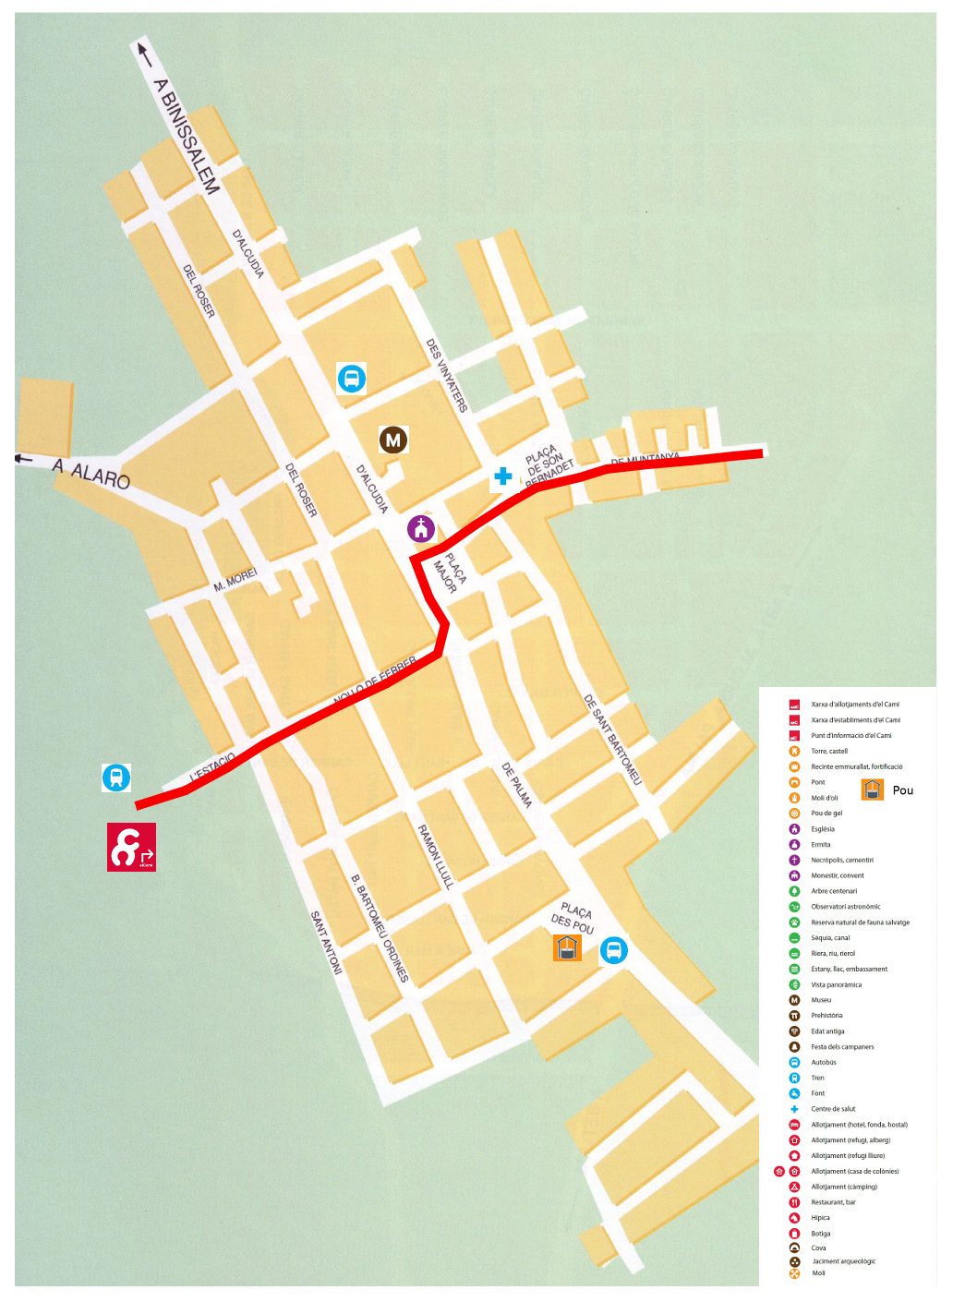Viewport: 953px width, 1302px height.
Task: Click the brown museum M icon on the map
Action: pyautogui.click(x=393, y=440)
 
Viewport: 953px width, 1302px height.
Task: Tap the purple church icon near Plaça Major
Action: pyautogui.click(x=421, y=529)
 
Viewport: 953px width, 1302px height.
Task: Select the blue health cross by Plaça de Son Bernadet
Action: pyautogui.click(x=502, y=476)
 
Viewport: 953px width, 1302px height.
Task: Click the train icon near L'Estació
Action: pyautogui.click(x=116, y=778)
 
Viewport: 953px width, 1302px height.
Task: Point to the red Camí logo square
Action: pyautogui.click(x=131, y=847)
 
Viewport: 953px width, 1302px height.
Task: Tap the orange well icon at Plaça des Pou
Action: pyautogui.click(x=567, y=947)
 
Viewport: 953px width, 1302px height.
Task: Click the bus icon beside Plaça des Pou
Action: pyautogui.click(x=613, y=949)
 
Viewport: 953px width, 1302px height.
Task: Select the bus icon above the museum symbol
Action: pyautogui.click(x=351, y=378)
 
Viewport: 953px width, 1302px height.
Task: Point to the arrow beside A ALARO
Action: pyautogui.click(x=25, y=458)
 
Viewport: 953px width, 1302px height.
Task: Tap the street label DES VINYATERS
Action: pyautogui.click(x=447, y=375)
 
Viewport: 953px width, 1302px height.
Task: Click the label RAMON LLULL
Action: pyautogui.click(x=436, y=856)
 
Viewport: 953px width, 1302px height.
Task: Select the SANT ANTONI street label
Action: pyautogui.click(x=326, y=942)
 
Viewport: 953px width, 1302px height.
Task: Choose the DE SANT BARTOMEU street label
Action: pyautogui.click(x=612, y=740)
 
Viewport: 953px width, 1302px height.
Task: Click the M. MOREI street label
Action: pyautogui.click(x=235, y=581)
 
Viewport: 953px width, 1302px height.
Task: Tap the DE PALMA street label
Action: pyautogui.click(x=516, y=785)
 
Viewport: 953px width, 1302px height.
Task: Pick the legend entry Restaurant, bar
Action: pyautogui.click(x=833, y=1202)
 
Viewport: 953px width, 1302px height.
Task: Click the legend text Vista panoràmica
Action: pyautogui.click(x=836, y=984)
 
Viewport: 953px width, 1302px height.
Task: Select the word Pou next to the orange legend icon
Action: pyautogui.click(x=902, y=790)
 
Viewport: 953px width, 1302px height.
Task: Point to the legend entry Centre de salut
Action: pyautogui.click(x=833, y=1109)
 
